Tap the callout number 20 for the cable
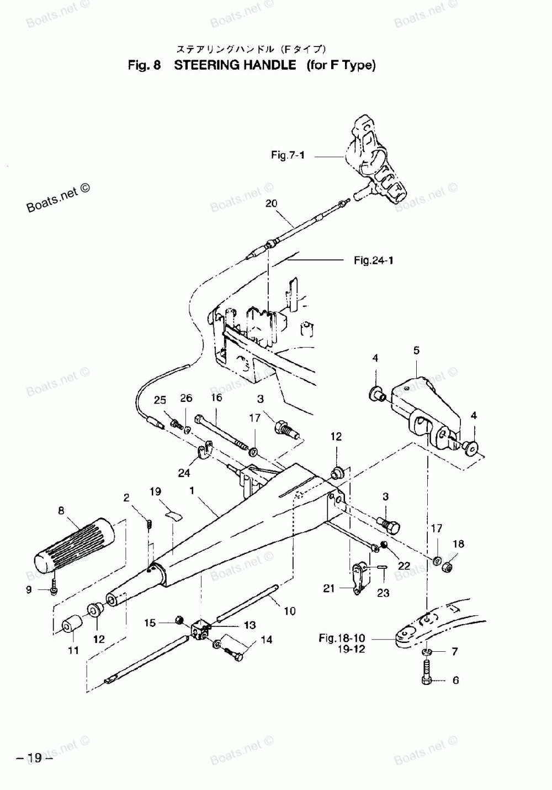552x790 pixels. pyautogui.click(x=271, y=203)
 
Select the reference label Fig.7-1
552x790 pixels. pyautogui.click(x=288, y=155)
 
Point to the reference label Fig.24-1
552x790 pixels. pyautogui.click(x=373, y=260)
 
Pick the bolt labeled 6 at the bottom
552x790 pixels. pyautogui.click(x=427, y=678)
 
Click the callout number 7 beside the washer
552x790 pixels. pyautogui.click(x=454, y=652)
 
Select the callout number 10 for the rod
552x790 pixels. pyautogui.click(x=290, y=611)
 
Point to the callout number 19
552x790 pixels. pyautogui.click(x=155, y=491)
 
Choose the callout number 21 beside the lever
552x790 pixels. pyautogui.click(x=329, y=589)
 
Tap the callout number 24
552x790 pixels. pyautogui.click(x=184, y=473)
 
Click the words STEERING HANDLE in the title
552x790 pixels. pyautogui.click(x=235, y=65)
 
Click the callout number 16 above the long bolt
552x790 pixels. pyautogui.click(x=216, y=397)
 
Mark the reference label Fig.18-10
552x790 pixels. pyautogui.click(x=342, y=638)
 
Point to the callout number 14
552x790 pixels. pyautogui.click(x=267, y=640)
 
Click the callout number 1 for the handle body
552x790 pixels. pyautogui.click(x=191, y=490)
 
